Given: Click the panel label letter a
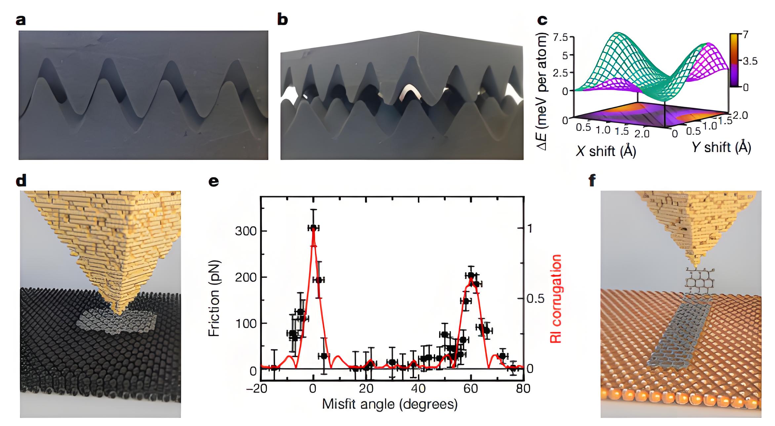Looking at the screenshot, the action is click(21, 21).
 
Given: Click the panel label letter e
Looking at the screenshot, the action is click(214, 182).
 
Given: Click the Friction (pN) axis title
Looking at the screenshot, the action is click(214, 299).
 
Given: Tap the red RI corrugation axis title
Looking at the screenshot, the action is click(556, 299).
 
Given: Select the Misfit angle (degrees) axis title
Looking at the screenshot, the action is click(390, 404).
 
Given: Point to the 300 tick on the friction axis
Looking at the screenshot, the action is click(246, 231).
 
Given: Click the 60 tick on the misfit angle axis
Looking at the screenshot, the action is click(470, 388).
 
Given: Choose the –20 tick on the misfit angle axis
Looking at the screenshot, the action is click(257, 388).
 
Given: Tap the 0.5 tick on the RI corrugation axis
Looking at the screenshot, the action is click(535, 299).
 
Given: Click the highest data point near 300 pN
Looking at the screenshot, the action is click(313, 228).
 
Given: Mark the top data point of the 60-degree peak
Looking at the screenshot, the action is click(471, 275).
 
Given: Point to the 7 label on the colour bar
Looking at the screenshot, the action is click(746, 34).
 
